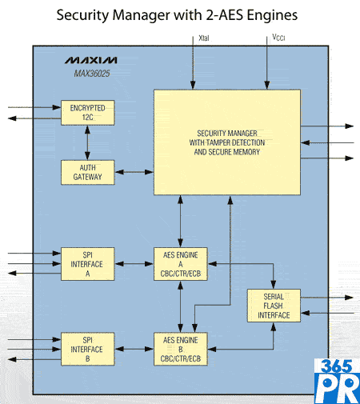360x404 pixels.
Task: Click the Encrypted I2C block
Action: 88,113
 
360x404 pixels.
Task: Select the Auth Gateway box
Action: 88,172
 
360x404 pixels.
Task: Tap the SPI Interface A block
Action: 88,264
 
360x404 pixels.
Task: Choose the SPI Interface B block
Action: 88,349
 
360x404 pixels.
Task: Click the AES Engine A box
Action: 181,264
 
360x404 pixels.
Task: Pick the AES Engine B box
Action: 181,349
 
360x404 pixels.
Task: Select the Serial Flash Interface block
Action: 274,306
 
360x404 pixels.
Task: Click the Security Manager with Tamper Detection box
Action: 227,142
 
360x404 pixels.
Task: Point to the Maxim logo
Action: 91,60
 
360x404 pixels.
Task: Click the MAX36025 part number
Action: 92,74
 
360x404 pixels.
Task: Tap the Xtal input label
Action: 204,38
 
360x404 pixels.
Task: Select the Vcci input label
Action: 278,38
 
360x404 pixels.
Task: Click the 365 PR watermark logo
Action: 337,381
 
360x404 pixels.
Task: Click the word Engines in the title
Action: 272,15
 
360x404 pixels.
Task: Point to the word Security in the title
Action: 82,15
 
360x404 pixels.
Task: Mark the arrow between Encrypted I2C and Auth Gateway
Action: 87,142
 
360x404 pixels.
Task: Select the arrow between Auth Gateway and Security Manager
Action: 134,172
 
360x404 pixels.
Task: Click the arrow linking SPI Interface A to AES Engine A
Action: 134,264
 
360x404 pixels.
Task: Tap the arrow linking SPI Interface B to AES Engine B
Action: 134,349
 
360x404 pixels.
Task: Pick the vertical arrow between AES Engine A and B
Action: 181,306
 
